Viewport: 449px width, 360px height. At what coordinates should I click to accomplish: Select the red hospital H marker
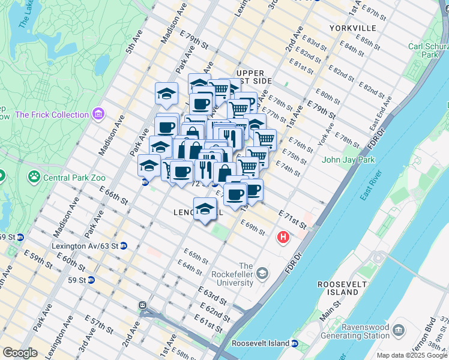pos(283,238)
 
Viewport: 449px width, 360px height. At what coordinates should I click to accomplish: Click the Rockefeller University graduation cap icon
pos(262,274)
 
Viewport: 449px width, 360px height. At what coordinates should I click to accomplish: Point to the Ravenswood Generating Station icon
pos(398,329)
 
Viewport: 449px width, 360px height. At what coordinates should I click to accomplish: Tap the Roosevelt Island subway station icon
pos(295,343)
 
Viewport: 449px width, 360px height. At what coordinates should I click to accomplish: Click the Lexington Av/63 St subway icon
pos(123,246)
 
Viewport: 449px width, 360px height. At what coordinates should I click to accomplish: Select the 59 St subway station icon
pos(91,280)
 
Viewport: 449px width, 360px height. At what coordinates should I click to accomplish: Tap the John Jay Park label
pos(348,160)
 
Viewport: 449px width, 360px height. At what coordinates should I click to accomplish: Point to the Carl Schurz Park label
pos(427,50)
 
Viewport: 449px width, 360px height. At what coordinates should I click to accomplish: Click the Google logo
pos(20,353)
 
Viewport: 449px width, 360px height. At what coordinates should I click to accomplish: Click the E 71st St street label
pos(292,219)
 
